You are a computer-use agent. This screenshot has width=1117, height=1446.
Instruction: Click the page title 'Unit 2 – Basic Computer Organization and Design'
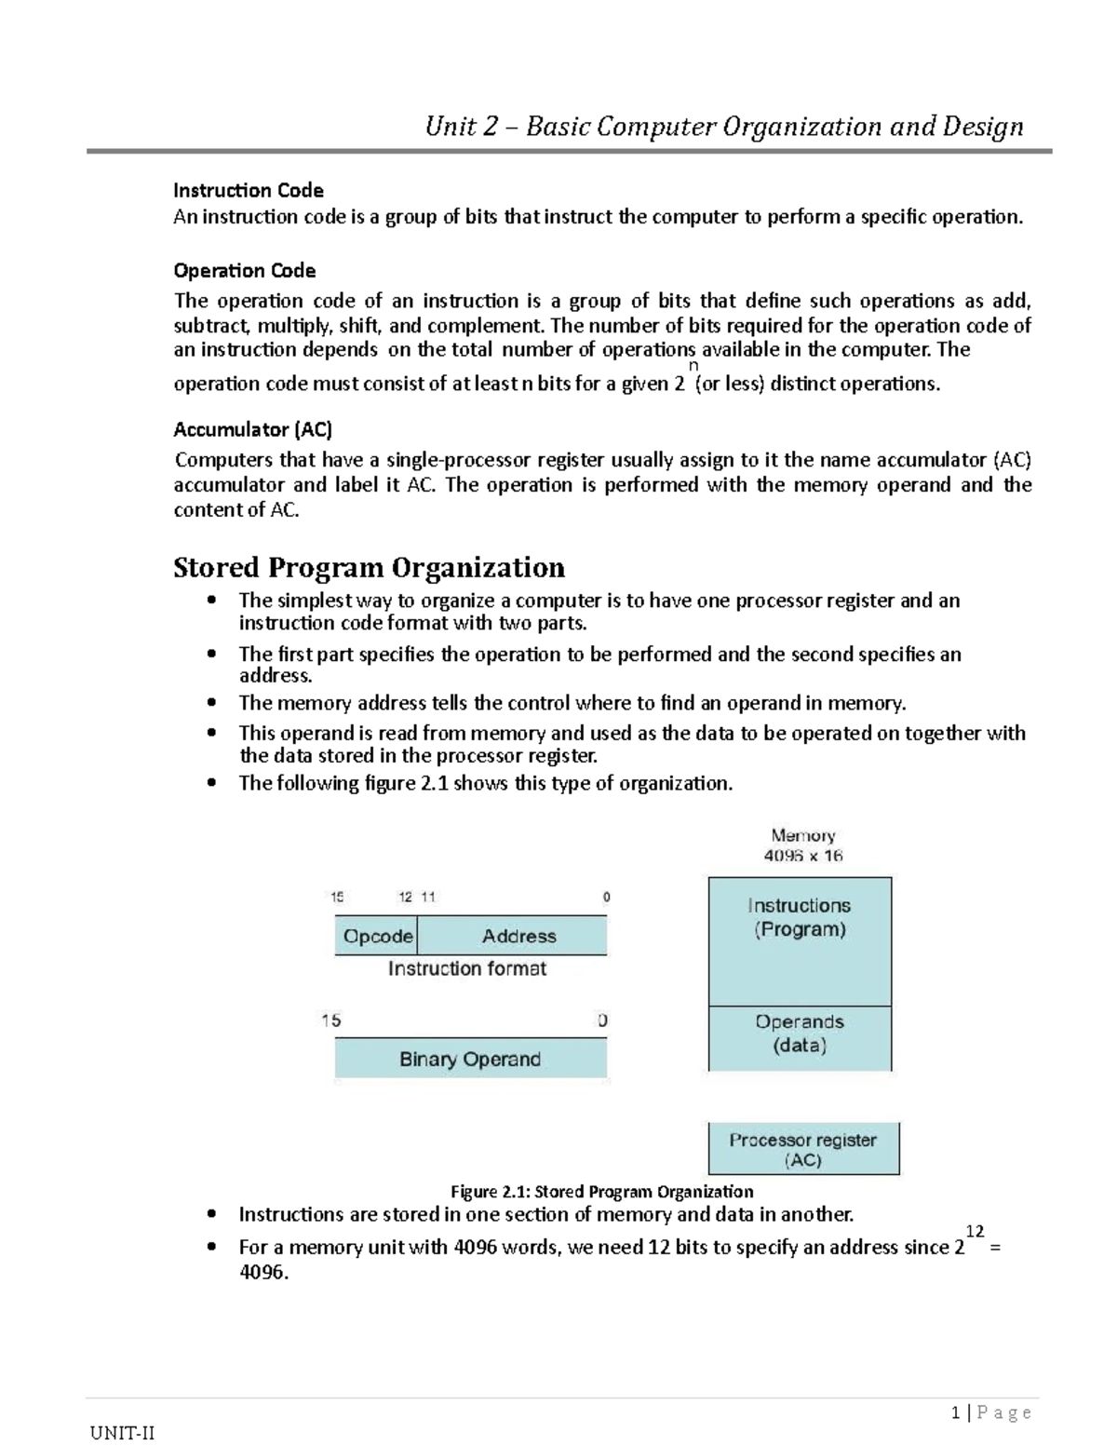pyautogui.click(x=723, y=126)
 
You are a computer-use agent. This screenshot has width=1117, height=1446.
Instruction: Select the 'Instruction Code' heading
pyautogui.click(x=249, y=190)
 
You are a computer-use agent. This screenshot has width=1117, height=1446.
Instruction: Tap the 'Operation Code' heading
pyautogui.click(x=245, y=270)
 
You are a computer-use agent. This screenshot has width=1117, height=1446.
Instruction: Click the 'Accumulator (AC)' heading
pyautogui.click(x=253, y=429)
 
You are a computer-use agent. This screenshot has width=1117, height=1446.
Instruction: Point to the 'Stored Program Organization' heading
pyautogui.click(x=369, y=567)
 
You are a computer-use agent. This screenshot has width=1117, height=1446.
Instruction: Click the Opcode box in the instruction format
pyautogui.click(x=377, y=936)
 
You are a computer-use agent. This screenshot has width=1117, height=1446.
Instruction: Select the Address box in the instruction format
pyautogui.click(x=518, y=936)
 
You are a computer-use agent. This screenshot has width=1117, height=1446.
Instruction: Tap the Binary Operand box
pyautogui.click(x=470, y=1059)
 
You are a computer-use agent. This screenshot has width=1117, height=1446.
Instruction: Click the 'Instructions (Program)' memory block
pyautogui.click(x=800, y=940)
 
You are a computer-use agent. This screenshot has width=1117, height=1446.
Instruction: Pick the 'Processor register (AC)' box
pyautogui.click(x=803, y=1149)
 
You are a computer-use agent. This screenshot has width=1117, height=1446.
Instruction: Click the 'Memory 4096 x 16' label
pyautogui.click(x=802, y=845)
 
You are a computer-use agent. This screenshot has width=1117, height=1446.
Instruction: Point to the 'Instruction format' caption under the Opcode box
pyautogui.click(x=466, y=968)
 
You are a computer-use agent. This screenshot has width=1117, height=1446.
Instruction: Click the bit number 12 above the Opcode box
pyautogui.click(x=406, y=898)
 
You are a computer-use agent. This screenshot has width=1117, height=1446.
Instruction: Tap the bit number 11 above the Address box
pyautogui.click(x=428, y=898)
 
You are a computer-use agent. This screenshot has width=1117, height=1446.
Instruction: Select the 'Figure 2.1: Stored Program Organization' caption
pyautogui.click(x=601, y=1191)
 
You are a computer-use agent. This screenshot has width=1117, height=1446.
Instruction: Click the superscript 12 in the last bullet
pyautogui.click(x=975, y=1231)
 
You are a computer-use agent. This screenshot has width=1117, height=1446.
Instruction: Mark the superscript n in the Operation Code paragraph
pyautogui.click(x=693, y=367)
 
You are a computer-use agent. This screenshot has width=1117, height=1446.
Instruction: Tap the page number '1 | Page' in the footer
pyautogui.click(x=991, y=1412)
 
